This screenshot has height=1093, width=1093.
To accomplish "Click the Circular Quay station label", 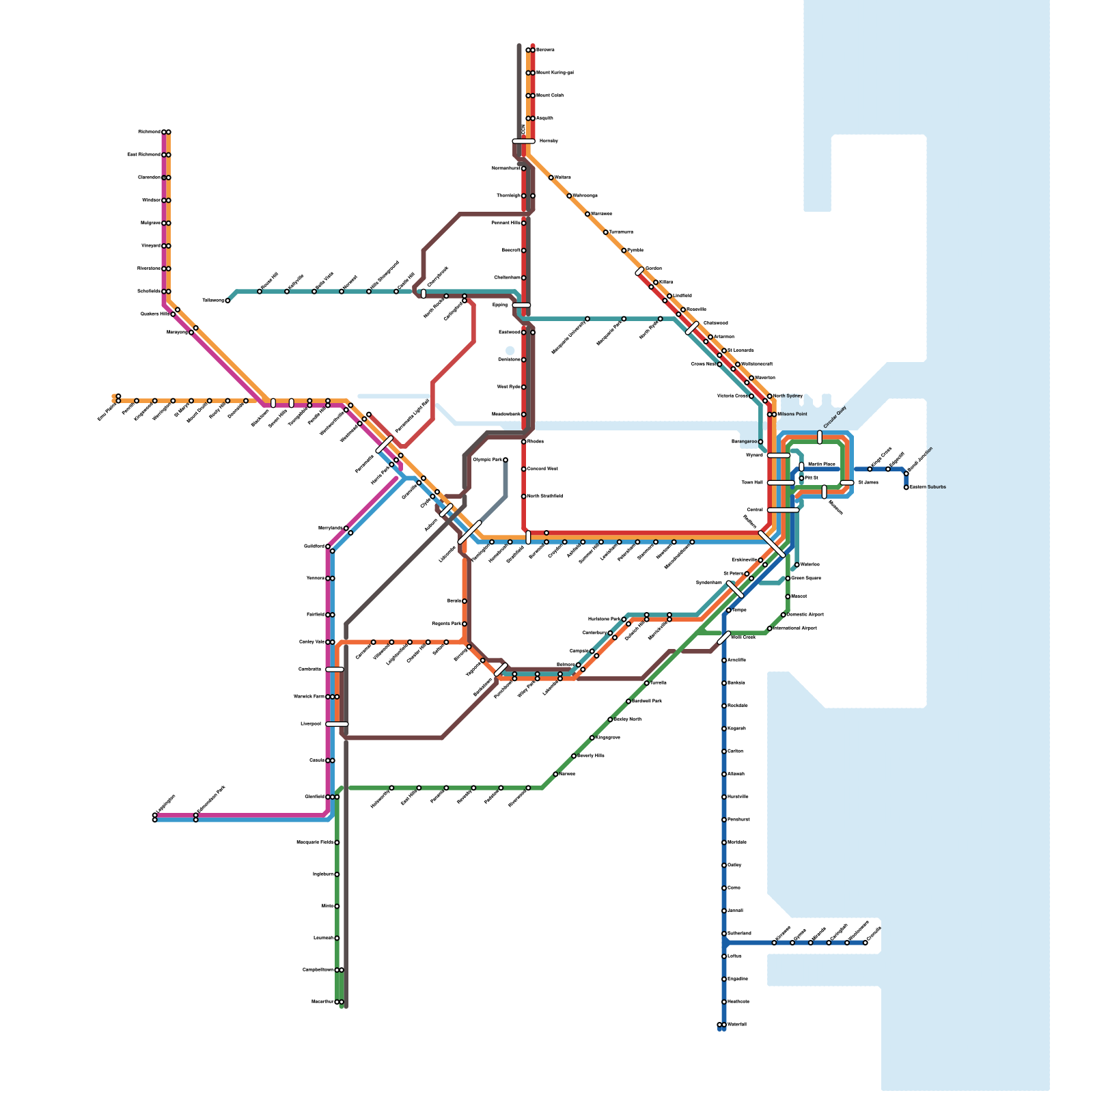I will coord(835,417).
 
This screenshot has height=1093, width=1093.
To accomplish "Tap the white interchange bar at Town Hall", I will coord(780,483).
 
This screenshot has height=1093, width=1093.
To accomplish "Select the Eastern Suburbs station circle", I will coord(907,487).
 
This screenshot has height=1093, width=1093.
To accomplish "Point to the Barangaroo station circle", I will coord(761,442).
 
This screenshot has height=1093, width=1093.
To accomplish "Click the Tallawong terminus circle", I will coord(227,301).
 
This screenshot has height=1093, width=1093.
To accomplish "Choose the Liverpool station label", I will coord(310,724).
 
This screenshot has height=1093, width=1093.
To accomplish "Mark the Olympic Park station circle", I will coord(506,460).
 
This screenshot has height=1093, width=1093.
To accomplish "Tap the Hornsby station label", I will coord(549,141).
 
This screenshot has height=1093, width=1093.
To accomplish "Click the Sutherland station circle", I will coord(724,934).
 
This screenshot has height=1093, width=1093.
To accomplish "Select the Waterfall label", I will coord(737,1025).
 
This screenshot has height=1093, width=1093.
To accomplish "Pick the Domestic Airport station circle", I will coord(784,615).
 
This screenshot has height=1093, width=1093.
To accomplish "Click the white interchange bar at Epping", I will coord(521,305).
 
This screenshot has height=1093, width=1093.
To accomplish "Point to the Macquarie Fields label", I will coord(315,842).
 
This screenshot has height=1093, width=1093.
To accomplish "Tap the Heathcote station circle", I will coord(724,1002).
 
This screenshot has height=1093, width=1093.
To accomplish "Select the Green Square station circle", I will coord(788,579).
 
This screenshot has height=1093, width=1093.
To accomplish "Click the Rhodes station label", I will coord(536,442).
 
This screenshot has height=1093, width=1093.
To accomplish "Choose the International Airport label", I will coord(794,628).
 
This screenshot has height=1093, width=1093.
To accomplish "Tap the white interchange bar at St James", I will coord(847,483).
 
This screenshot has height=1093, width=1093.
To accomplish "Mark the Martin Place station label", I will coord(821,465).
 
